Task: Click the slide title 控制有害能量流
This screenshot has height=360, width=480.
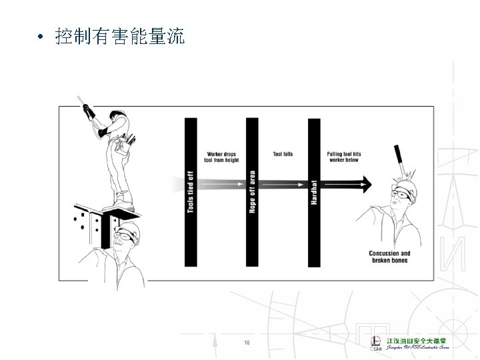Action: click(x=121, y=37)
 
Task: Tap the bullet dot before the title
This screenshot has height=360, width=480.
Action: click(x=41, y=38)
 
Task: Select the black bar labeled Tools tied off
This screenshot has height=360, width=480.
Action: click(x=191, y=191)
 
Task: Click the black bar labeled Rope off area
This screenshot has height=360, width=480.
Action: click(x=252, y=191)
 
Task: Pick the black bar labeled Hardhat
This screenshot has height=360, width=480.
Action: click(x=314, y=191)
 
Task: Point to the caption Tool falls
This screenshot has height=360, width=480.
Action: click(x=283, y=155)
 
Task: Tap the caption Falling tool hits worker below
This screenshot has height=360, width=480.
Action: click(x=343, y=158)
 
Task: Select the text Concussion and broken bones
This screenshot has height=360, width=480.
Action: click(x=389, y=257)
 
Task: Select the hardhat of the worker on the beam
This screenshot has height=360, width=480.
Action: click(x=119, y=113)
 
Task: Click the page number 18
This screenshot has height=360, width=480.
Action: click(x=247, y=343)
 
